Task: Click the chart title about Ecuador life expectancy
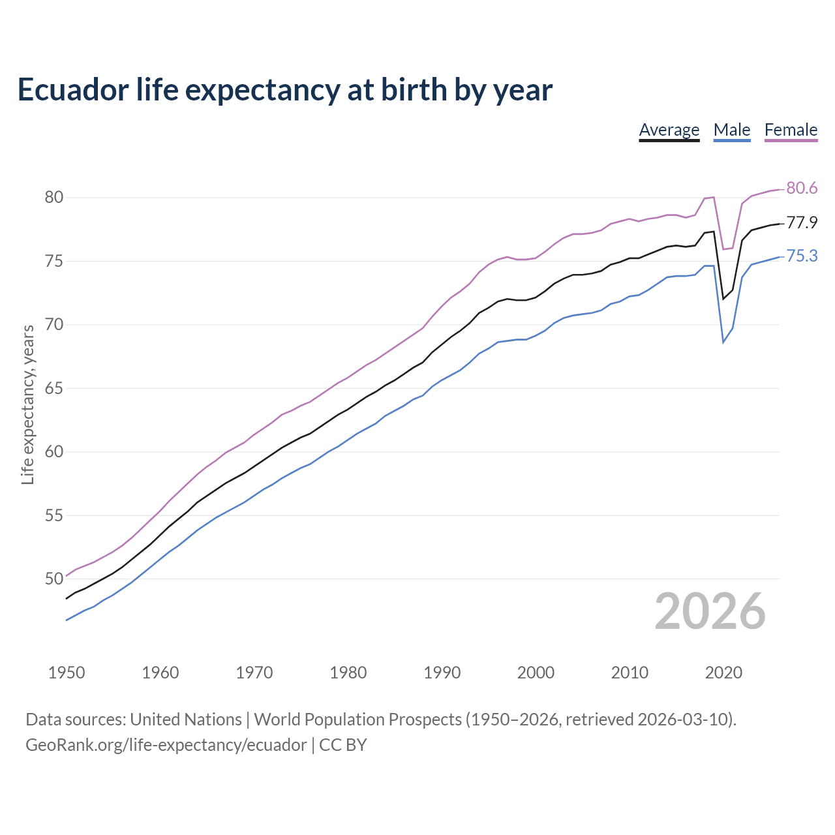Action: point(285,90)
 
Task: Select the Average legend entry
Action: point(669,130)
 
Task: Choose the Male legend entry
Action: point(731,130)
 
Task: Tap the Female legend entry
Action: point(791,130)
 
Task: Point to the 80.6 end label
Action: point(802,189)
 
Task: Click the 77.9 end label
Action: point(802,223)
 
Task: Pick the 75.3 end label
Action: point(802,256)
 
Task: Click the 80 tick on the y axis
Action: point(54,198)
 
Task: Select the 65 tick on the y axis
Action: point(54,389)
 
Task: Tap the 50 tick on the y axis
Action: point(54,579)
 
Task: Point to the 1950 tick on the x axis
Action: point(67,673)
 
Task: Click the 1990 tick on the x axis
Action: point(442,673)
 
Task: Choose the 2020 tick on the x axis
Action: point(723,673)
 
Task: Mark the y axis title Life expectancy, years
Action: point(28,405)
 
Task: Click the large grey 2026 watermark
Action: point(710,611)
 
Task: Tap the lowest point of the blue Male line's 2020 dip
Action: point(723,342)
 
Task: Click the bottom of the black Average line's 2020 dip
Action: point(723,299)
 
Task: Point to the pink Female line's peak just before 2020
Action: point(714,197)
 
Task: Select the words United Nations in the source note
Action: point(186,720)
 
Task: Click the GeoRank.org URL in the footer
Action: point(166,745)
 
